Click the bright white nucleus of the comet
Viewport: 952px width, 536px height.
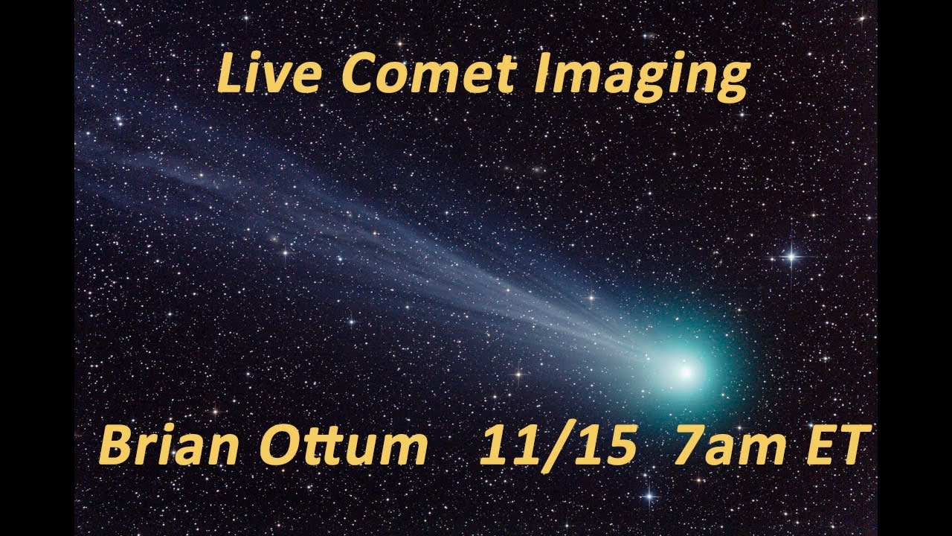click(685, 370)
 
